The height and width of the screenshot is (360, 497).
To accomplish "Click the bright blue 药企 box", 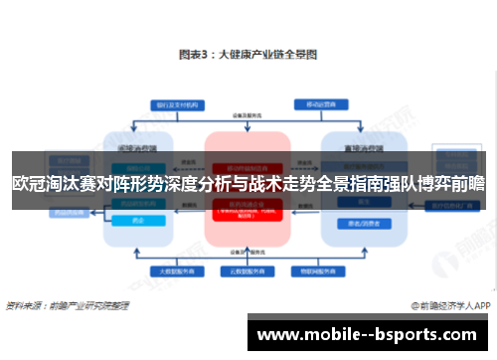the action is [x=140, y=220].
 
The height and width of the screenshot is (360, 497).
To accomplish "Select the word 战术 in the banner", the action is [x=263, y=183].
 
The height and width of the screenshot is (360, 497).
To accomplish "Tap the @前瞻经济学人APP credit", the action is [x=451, y=307].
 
